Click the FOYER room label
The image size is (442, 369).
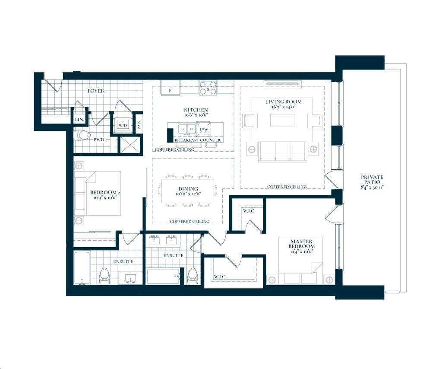pyautogui.click(x=96, y=91)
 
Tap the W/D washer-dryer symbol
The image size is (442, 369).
pyautogui.click(x=123, y=125)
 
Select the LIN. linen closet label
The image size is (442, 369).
pyautogui.click(x=79, y=120)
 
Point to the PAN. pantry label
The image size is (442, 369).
pyautogui.click(x=139, y=124)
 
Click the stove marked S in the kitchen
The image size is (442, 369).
pyautogui.click(x=208, y=87)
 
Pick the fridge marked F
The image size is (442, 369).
pyautogui.click(x=170, y=88)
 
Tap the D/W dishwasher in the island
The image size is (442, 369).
pyautogui.click(x=203, y=130)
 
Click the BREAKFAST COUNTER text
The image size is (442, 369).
pyautogui.click(x=198, y=140)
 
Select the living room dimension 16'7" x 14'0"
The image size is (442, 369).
pyautogui.click(x=283, y=107)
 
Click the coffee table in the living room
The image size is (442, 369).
pyautogui.click(x=283, y=121)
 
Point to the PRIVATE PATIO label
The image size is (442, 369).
pyautogui.click(x=372, y=180)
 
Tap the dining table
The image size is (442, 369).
pyautogui.click(x=188, y=191)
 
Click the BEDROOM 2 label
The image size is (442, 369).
pyautogui.click(x=105, y=193)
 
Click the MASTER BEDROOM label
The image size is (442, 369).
pyautogui.click(x=301, y=244)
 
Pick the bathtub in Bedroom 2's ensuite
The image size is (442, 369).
pyautogui.click(x=82, y=268)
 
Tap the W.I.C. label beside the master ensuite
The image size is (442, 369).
pyautogui.click(x=220, y=277)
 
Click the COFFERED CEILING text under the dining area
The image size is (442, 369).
pyautogui.click(x=189, y=222)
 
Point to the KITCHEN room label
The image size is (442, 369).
pyautogui.click(x=196, y=110)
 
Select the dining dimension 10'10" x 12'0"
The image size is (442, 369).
pyautogui.click(x=188, y=194)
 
